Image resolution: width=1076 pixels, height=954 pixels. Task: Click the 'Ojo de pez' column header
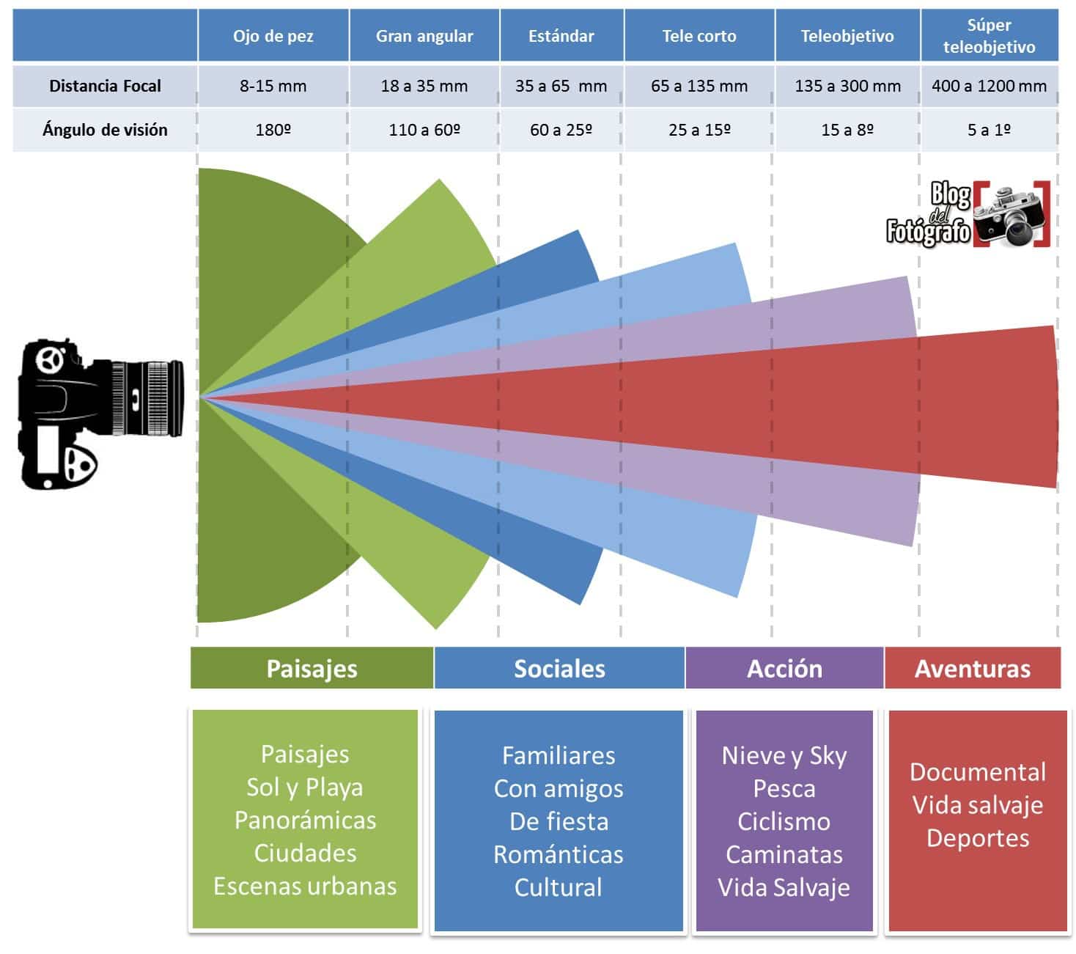coord(273,36)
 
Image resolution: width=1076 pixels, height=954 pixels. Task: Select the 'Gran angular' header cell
coord(424,36)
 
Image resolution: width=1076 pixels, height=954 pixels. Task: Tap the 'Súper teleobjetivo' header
coord(989,36)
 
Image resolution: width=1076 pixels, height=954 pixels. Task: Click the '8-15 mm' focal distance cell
coord(273,86)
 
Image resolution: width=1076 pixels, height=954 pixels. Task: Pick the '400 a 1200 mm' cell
coord(989,86)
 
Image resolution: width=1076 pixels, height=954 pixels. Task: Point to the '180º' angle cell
coord(273,130)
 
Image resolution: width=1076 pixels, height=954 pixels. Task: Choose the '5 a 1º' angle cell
coord(989,130)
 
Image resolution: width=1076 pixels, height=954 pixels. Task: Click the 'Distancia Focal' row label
coord(105,86)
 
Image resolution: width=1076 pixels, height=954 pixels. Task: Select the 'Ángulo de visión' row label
coord(105,130)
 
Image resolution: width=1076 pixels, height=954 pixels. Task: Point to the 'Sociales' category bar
coord(559,668)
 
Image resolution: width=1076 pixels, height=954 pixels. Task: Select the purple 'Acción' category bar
coord(784,668)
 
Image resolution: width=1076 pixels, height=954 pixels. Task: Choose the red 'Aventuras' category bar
coord(973,668)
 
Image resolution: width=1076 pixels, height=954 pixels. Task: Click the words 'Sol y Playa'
coord(305,788)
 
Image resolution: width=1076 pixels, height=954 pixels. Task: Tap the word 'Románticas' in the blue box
coord(559,854)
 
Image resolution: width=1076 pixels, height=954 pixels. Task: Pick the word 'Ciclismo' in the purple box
coord(784,821)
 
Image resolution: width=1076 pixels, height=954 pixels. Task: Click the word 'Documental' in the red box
coord(978,771)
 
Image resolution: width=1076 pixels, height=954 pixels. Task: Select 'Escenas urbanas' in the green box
coord(305,886)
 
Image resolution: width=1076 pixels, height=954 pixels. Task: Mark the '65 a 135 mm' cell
coord(699,86)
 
